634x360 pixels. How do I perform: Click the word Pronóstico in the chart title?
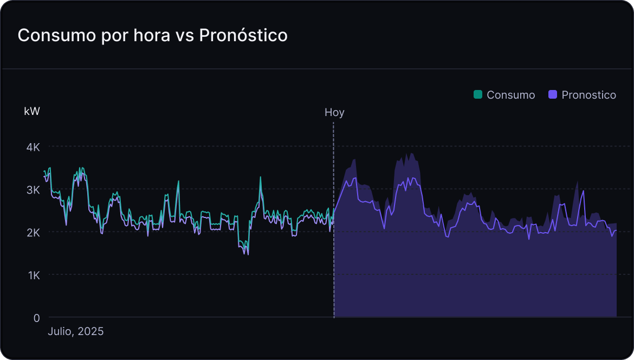click(243, 35)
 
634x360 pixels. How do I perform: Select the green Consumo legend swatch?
click(477, 94)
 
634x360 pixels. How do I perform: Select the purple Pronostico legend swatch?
click(553, 94)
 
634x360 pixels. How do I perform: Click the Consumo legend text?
click(510, 95)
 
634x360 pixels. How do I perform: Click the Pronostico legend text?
click(588, 95)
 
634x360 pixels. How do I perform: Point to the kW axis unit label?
click(32, 111)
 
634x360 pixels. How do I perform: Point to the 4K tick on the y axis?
click(34, 147)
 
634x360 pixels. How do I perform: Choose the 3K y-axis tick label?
click(34, 190)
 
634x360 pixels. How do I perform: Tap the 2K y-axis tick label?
click(34, 233)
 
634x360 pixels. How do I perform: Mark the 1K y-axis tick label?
click(34, 275)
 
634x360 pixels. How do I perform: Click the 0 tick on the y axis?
click(37, 318)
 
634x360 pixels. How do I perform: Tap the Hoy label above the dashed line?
click(334, 112)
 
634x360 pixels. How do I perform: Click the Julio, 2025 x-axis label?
click(76, 331)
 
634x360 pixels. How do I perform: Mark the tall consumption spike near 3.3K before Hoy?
click(261, 177)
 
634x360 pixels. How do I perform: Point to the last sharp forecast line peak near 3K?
click(583, 191)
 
